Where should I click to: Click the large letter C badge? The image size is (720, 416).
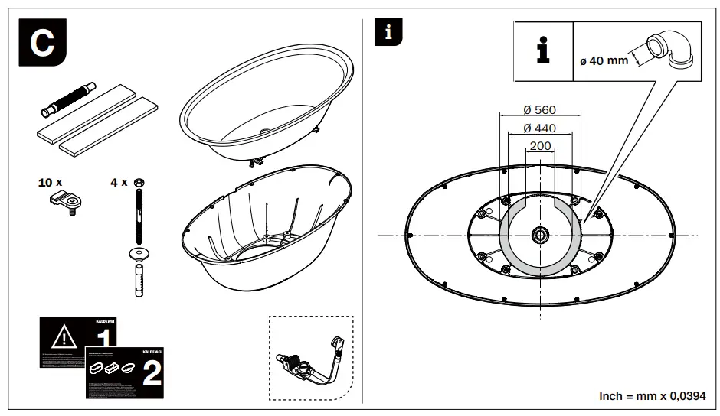coord(41,42)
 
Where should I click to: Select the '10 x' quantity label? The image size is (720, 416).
coord(51,183)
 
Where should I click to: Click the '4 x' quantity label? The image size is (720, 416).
coord(119,183)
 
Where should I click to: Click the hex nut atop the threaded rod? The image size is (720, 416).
coord(139,182)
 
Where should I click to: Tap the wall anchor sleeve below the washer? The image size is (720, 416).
coord(139,281)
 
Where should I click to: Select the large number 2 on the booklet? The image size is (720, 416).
coord(151,372)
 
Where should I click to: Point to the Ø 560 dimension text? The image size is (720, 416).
coord(539,110)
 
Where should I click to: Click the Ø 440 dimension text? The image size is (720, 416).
coord(539,128)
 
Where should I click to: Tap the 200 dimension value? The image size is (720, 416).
coord(540,145)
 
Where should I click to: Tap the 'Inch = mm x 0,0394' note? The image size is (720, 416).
coord(652,395)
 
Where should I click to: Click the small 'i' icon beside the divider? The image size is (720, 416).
coord(388,32)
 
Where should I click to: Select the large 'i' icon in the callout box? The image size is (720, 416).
coord(543,50)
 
